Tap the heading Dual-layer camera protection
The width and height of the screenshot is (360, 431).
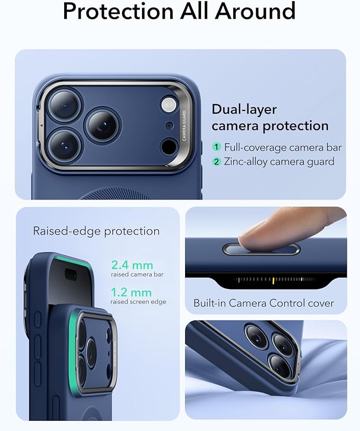point(270,117)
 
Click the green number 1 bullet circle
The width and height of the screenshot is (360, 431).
point(216,147)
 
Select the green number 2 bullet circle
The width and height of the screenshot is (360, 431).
point(216,162)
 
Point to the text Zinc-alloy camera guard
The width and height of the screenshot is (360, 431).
point(279,162)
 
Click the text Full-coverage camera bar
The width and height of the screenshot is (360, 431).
point(283,147)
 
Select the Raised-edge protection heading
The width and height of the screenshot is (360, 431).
point(96,231)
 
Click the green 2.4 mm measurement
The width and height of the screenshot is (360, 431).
point(132,265)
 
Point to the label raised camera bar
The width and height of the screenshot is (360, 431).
point(137,274)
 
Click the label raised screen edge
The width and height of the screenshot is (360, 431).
point(138,301)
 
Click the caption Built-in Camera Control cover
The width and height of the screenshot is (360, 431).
point(264,303)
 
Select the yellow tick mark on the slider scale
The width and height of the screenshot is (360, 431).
point(273,280)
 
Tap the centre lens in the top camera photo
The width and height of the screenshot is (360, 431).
point(102,125)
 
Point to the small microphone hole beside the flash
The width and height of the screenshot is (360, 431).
point(169,126)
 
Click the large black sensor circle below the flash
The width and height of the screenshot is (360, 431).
point(169,146)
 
